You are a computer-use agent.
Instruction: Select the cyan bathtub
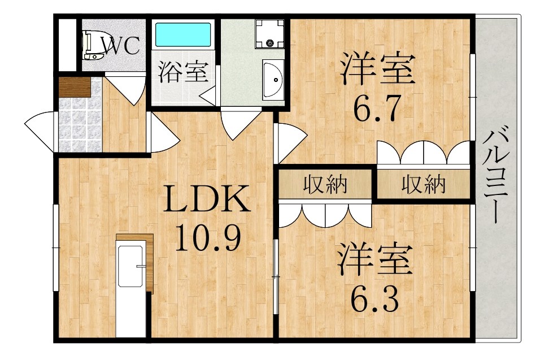pos(183,34)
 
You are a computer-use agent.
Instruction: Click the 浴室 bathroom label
pos(183,72)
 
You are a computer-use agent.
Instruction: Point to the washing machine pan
pos(269,34)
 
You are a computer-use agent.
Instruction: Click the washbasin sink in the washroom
pos(273,80)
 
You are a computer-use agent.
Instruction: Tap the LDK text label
pos(207,198)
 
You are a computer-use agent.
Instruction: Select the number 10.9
pos(207,237)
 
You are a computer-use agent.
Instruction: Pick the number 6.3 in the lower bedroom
pos(374,298)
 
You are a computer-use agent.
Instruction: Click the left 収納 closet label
pos(325,184)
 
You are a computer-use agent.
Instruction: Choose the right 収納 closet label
pos(423,184)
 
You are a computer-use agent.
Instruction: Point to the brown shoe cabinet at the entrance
pos(75,87)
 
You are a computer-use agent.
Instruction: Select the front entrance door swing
pos(39,131)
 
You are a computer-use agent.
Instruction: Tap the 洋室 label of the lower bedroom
pos(376,260)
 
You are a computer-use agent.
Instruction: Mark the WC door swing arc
pos(125,89)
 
